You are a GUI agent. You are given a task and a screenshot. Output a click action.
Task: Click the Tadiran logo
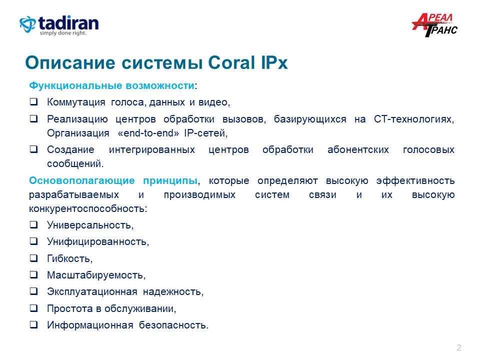pyautogui.click(x=59, y=25)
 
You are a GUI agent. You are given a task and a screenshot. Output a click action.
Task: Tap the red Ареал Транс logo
pyautogui.click(x=434, y=25)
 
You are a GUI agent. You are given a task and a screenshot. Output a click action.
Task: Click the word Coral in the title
pyautogui.click(x=231, y=63)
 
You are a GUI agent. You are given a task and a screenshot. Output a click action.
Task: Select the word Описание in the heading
pyautogui.click(x=70, y=63)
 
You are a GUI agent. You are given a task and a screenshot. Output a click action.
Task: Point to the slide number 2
pyautogui.click(x=459, y=347)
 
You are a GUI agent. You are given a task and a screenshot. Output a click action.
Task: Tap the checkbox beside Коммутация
pyautogui.click(x=33, y=101)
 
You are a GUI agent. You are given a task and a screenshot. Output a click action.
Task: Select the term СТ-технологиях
pyautogui.click(x=414, y=119)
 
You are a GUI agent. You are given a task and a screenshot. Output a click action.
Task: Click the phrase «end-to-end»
pyautogui.click(x=148, y=133)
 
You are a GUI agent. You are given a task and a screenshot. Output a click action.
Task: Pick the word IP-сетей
pyautogui.click(x=205, y=133)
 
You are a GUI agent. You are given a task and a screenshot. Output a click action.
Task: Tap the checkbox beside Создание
pyautogui.click(x=33, y=149)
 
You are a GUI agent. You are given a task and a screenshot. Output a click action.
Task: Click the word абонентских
pyautogui.click(x=358, y=149)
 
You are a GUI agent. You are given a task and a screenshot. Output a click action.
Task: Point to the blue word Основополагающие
pyautogui.click(x=81, y=180)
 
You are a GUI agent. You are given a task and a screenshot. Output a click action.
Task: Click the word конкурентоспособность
pyautogui.click(x=88, y=209)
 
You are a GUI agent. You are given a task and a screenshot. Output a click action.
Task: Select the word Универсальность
pyautogui.click(x=90, y=225)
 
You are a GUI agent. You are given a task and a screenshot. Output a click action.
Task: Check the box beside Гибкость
pyautogui.click(x=33, y=258)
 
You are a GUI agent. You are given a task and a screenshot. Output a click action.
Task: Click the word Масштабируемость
pyautogui.click(x=96, y=275)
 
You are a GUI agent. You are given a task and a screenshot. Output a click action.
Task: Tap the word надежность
pyautogui.click(x=173, y=291)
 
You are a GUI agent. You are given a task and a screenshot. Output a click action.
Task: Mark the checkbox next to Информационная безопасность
pyautogui.click(x=33, y=324)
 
